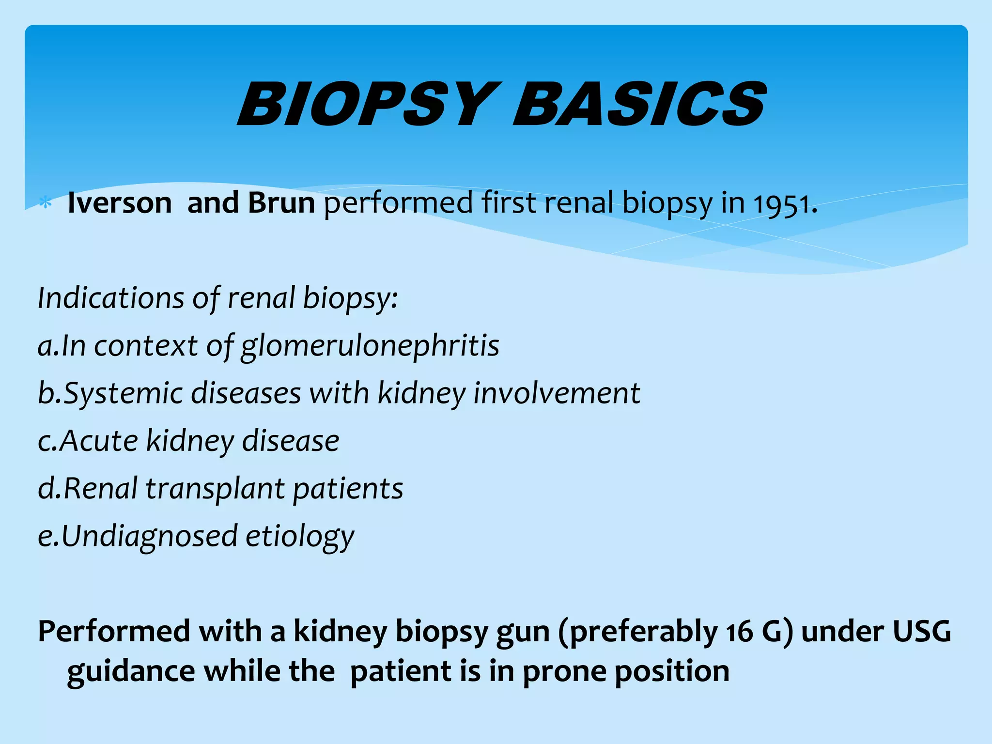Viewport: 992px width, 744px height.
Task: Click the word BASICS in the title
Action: click(639, 104)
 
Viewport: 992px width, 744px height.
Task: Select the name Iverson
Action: click(120, 202)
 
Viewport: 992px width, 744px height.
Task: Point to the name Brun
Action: click(281, 202)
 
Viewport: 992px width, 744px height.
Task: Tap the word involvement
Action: click(557, 393)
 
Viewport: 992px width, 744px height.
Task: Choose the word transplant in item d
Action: click(215, 488)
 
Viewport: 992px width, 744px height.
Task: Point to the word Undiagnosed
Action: click(149, 536)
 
